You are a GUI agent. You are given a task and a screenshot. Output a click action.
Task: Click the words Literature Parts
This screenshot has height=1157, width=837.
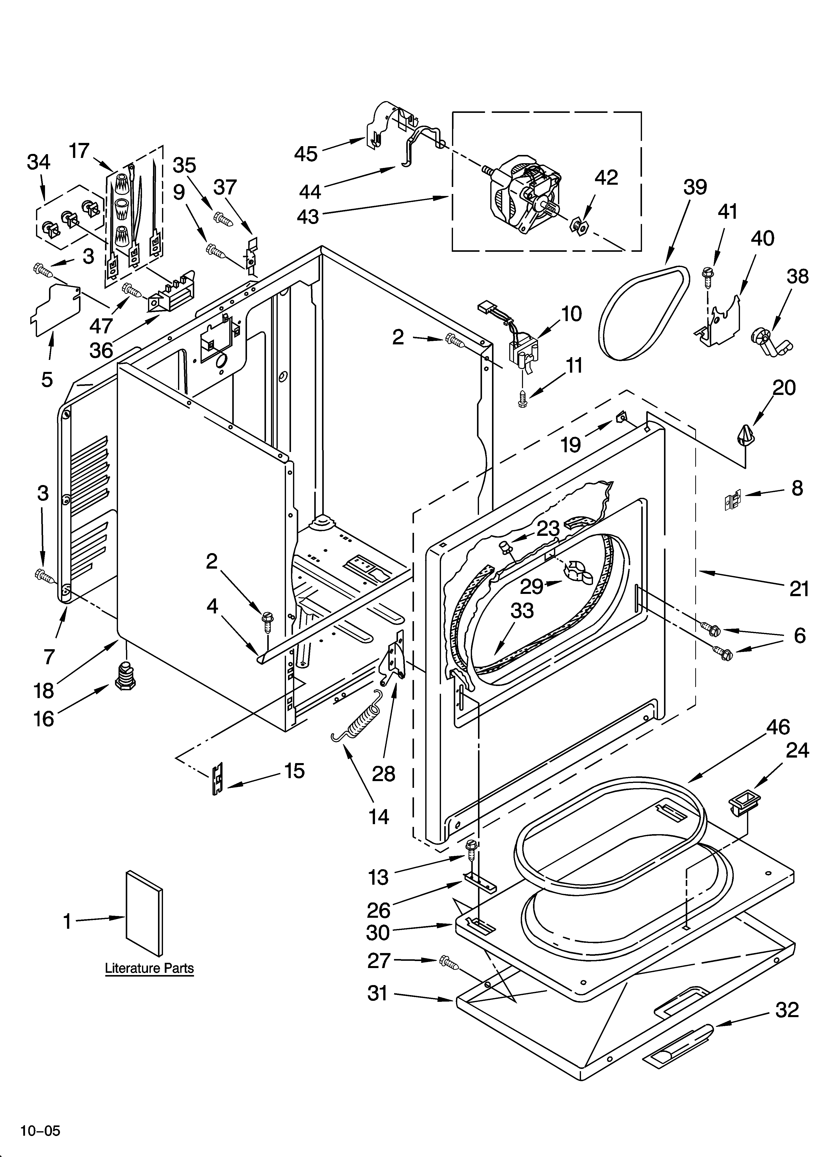[x=149, y=968]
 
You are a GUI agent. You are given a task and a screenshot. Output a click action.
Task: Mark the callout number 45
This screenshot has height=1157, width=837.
[x=306, y=154]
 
